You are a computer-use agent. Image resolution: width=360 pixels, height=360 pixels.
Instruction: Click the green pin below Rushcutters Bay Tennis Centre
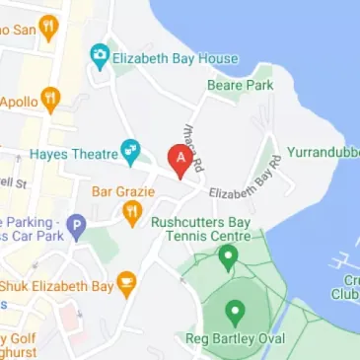(x=228, y=258)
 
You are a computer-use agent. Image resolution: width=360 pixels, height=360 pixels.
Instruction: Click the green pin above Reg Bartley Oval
(x=236, y=315)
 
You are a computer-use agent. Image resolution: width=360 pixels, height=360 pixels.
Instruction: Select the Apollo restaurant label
(x=19, y=101)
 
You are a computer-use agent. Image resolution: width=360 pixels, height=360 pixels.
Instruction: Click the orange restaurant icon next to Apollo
(x=51, y=101)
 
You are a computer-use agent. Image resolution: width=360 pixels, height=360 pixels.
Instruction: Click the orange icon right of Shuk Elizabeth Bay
(x=125, y=285)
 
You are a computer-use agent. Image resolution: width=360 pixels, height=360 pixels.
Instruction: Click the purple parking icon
(x=77, y=229)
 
